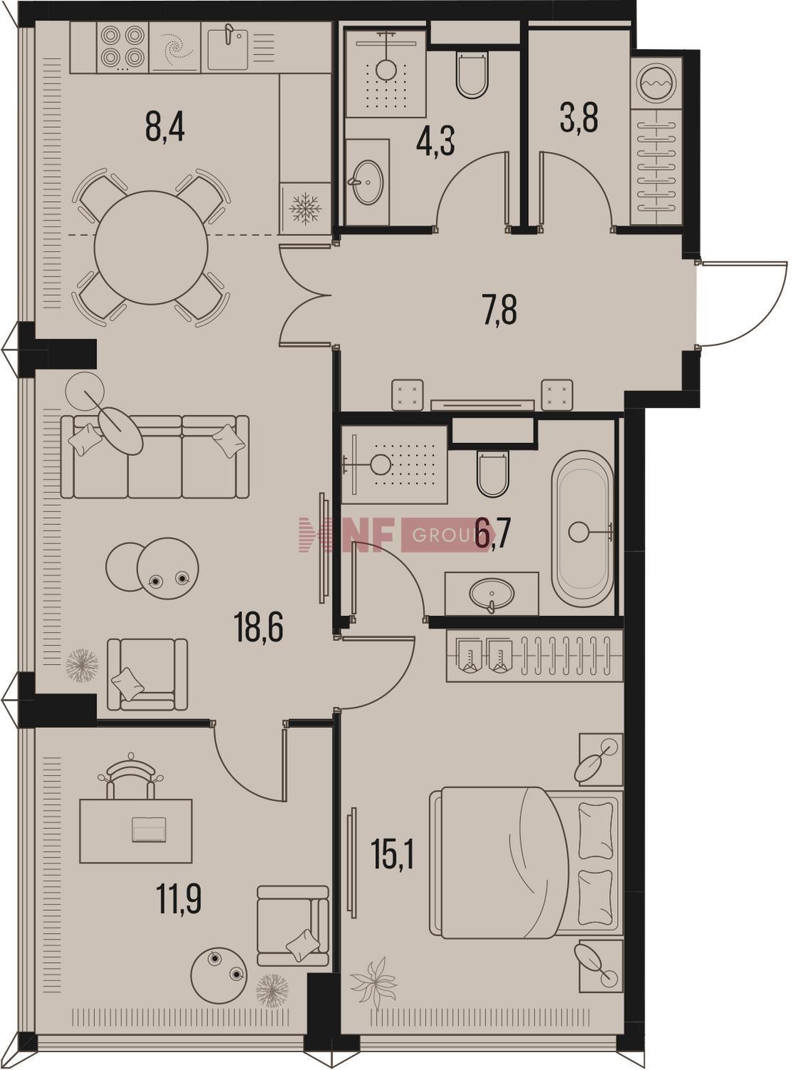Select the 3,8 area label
click(579, 118)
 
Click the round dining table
click(151, 248)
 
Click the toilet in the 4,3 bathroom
click(470, 75)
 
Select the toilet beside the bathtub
click(492, 473)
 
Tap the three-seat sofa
click(155, 457)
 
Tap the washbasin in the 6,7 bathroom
click(491, 593)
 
